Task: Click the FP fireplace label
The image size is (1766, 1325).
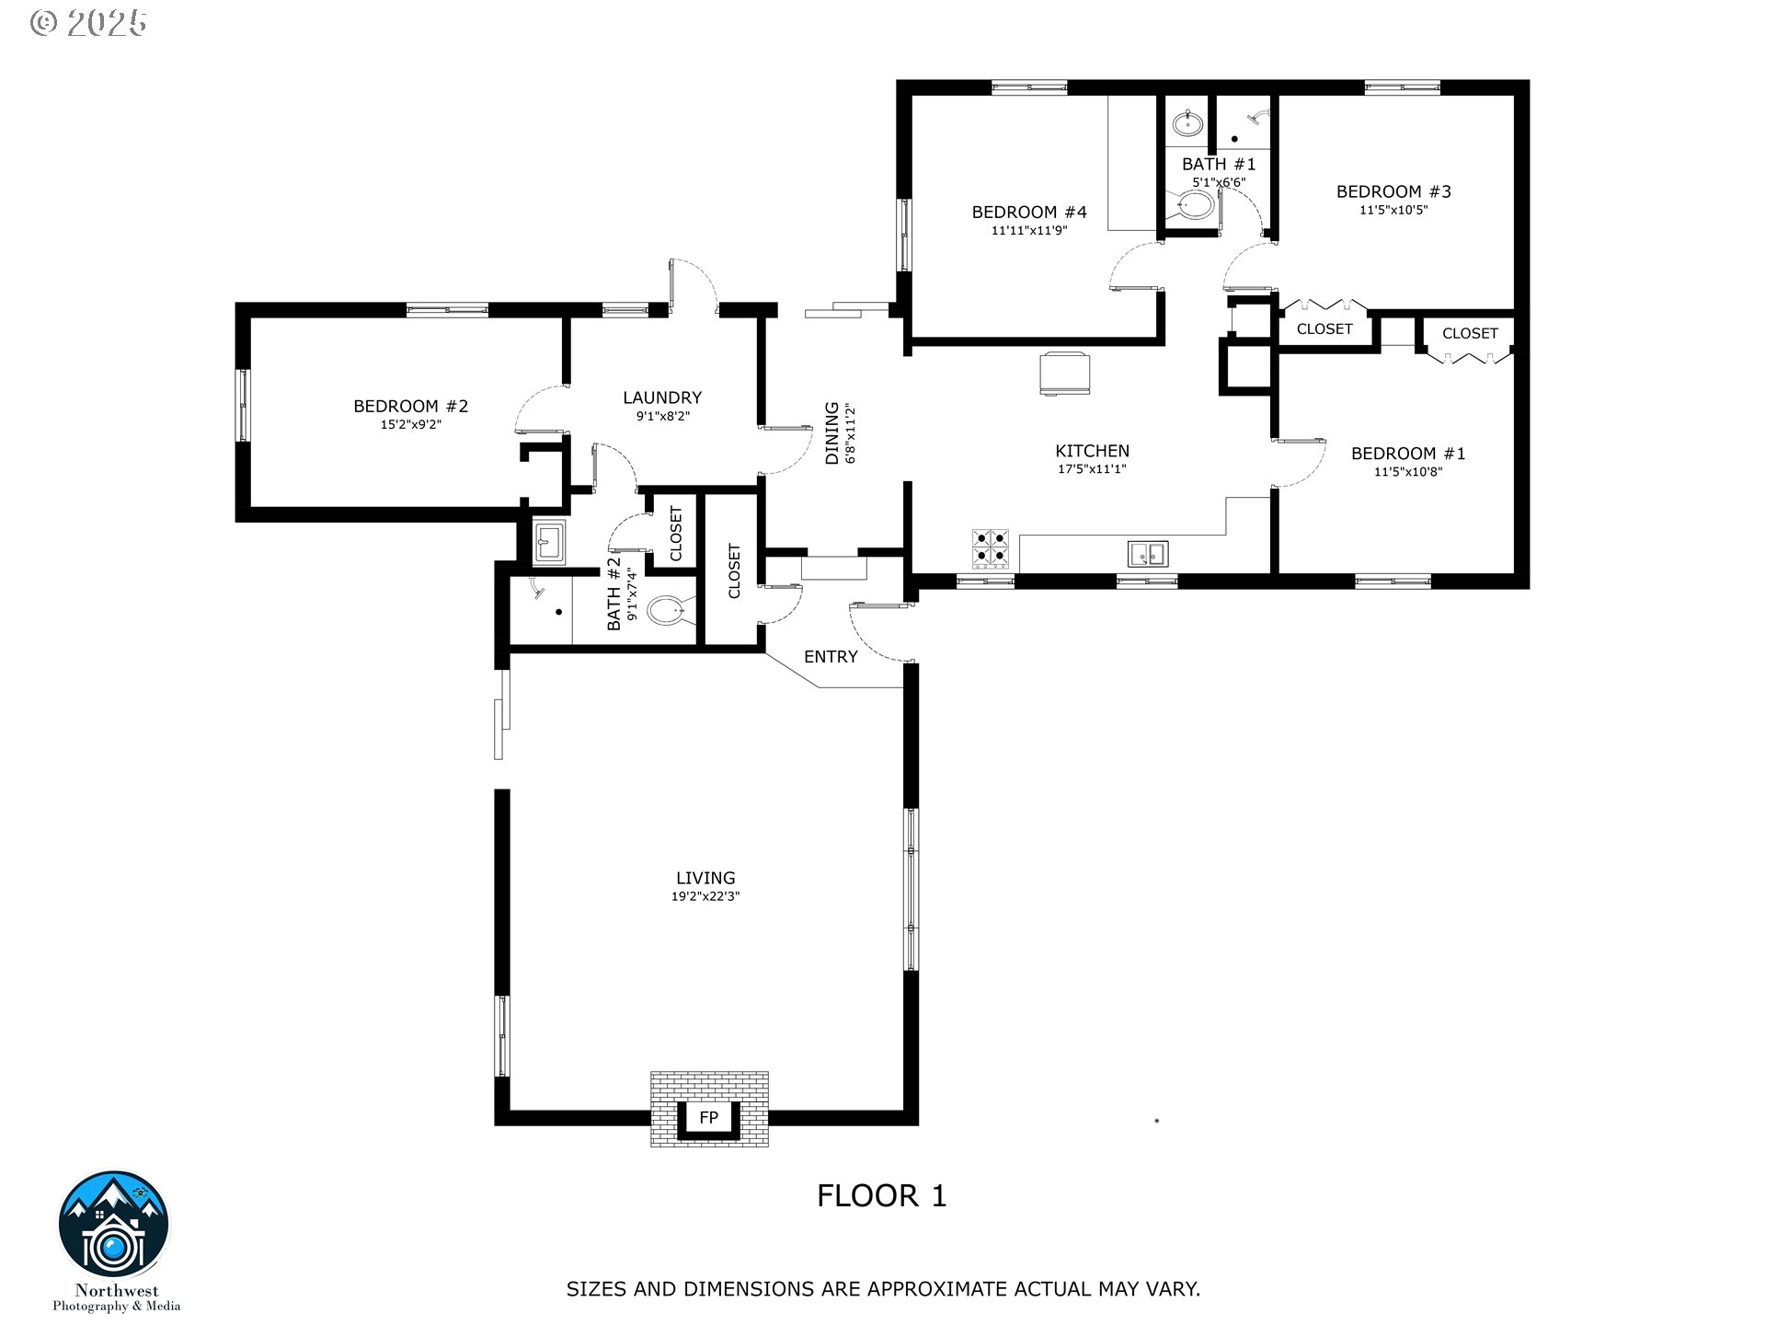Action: (708, 1118)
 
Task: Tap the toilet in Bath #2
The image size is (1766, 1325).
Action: (669, 610)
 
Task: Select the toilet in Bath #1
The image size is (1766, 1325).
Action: (1194, 206)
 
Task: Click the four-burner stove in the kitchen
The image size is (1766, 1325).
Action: (991, 549)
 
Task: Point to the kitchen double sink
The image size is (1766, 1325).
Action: (1147, 554)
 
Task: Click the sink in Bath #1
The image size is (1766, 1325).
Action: (1187, 122)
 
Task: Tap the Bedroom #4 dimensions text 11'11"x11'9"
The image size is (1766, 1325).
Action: (1028, 231)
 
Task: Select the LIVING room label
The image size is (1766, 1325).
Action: (705, 878)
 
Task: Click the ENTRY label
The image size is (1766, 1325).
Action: (830, 657)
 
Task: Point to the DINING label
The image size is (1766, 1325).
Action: (831, 432)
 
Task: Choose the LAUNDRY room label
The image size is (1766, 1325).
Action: (661, 397)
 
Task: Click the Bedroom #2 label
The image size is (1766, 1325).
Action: (410, 406)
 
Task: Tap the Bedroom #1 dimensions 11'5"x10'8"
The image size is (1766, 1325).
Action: (1407, 472)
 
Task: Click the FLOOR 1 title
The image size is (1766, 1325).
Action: (881, 1196)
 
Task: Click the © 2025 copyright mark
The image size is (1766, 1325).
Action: (88, 23)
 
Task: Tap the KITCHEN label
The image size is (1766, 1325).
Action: (1092, 451)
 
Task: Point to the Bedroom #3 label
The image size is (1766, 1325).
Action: (1393, 191)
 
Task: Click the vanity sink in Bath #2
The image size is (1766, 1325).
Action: (550, 543)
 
